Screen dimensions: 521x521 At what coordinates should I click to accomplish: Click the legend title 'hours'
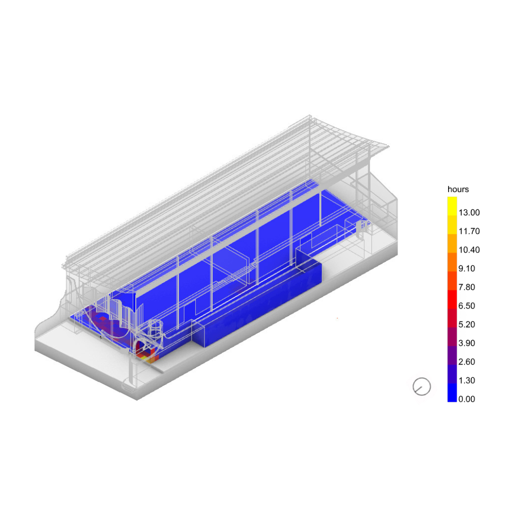pyautogui.click(x=458, y=190)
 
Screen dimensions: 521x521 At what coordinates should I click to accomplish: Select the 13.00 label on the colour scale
pyautogui.click(x=469, y=213)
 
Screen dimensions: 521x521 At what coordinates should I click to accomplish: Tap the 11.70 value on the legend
pyautogui.click(x=469, y=231)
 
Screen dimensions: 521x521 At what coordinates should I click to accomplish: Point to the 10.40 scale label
pyautogui.click(x=469, y=250)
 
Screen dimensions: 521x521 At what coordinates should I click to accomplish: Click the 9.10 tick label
pyautogui.click(x=466, y=269)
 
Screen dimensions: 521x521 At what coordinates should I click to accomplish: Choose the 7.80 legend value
pyautogui.click(x=466, y=287)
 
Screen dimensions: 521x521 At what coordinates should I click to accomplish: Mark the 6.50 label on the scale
pyautogui.click(x=466, y=306)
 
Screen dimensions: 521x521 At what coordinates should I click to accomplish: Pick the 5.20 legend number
pyautogui.click(x=466, y=324)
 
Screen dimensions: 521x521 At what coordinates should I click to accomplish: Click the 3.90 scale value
pyautogui.click(x=466, y=343)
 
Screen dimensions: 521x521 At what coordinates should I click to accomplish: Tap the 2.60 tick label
pyautogui.click(x=466, y=361)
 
